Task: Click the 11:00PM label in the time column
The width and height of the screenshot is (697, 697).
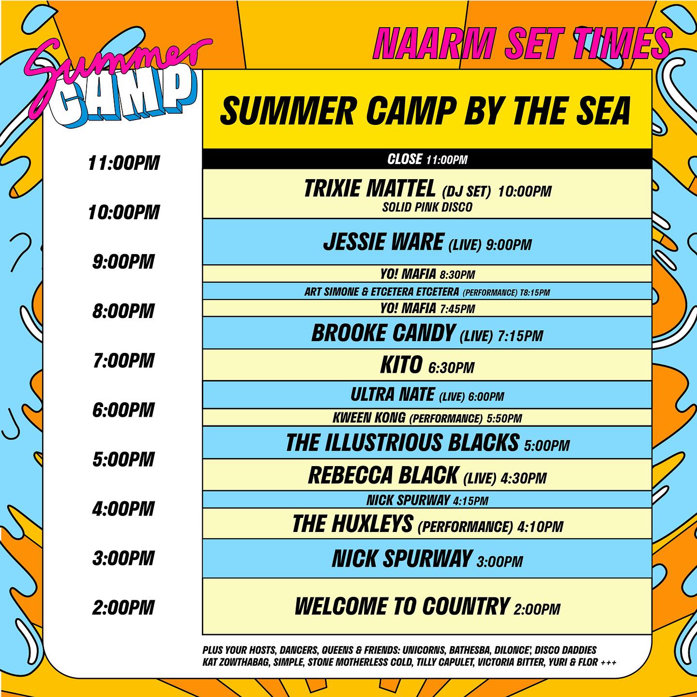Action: click(123, 163)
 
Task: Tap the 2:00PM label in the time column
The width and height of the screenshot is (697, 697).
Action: click(123, 607)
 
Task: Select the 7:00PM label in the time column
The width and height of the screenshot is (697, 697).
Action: click(123, 361)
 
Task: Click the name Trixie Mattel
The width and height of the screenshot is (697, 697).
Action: click(370, 189)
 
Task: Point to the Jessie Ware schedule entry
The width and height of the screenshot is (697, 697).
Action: click(427, 242)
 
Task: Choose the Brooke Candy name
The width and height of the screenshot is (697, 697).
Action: click(383, 333)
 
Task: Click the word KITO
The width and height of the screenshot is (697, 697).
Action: click(401, 365)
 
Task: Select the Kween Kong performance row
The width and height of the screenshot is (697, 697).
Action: click(427, 418)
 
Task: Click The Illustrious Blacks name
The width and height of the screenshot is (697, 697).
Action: click(402, 443)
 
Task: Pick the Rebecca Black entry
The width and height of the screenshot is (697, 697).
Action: click(427, 476)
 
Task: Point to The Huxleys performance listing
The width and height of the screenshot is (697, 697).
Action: click(427, 524)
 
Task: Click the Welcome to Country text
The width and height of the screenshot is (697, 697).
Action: click(402, 606)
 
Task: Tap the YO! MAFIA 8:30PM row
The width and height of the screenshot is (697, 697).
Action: click(427, 274)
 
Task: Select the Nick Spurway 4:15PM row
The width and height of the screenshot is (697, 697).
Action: click(427, 500)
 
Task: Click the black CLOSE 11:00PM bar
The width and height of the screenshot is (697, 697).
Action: click(427, 159)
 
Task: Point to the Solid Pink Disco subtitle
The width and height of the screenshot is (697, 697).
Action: click(427, 207)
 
